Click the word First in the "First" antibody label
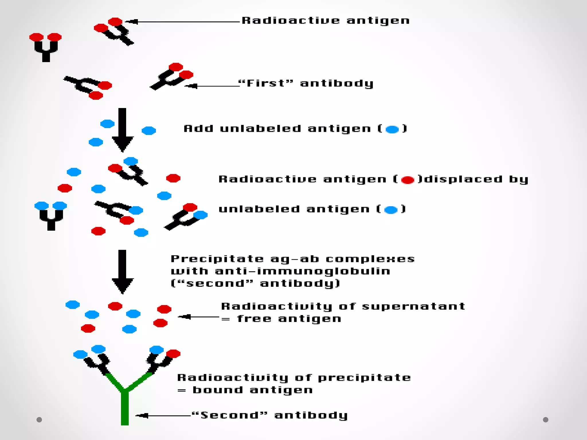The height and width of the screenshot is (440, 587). pos(262,83)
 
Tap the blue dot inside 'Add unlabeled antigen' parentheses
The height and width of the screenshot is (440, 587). pos(392,129)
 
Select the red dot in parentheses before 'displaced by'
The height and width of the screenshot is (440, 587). pos(407,180)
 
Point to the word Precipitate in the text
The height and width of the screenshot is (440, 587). pos(217,259)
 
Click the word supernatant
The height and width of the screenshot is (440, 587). pos(413,307)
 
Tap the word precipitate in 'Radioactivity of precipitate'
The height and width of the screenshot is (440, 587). pos(365,378)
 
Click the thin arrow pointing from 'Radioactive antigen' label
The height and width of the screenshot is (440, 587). pos(183,21)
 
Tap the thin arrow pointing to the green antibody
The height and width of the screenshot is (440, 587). pos(163,415)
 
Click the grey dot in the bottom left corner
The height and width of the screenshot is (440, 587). pos(39,420)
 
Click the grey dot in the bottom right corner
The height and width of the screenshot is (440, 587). pos(545,420)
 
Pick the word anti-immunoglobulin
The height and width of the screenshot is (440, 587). pos(302,271)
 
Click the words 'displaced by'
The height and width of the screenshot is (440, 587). pos(476,179)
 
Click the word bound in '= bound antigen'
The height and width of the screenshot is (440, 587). pos(218,390)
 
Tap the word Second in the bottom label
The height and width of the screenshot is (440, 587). pos(229,415)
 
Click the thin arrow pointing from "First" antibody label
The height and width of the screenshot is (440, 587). pos(212,86)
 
